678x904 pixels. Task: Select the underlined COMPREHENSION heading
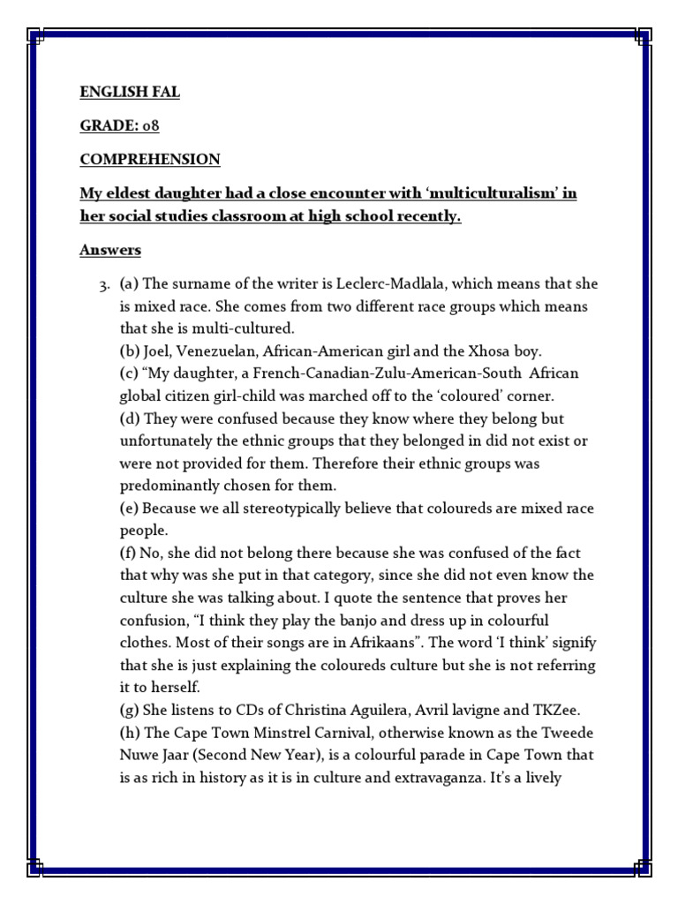(x=149, y=160)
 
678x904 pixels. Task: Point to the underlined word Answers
(x=110, y=251)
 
